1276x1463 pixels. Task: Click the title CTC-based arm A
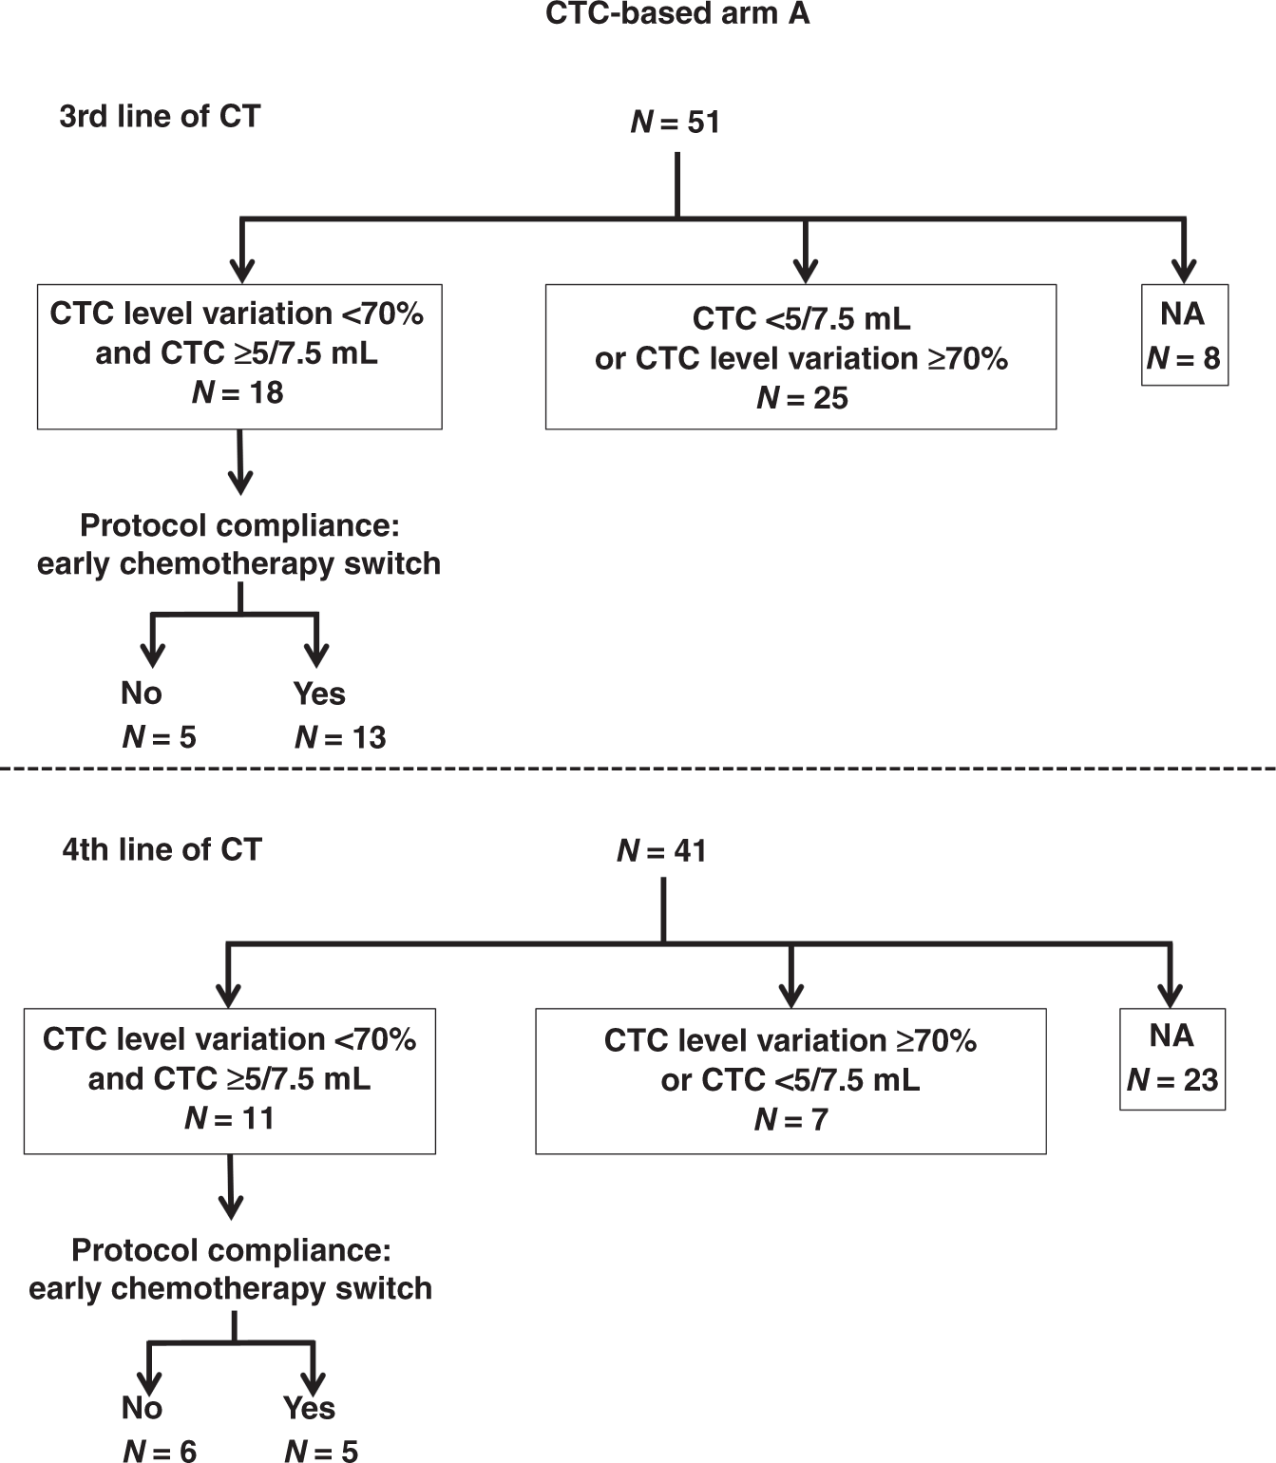click(x=676, y=14)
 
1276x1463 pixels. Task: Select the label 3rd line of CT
click(x=160, y=116)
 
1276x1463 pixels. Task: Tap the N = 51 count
click(x=676, y=123)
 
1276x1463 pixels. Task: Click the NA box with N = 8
click(x=1184, y=335)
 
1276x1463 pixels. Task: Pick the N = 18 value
click(x=238, y=392)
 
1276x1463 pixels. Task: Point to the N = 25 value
click(x=802, y=398)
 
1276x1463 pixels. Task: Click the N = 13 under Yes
click(x=340, y=737)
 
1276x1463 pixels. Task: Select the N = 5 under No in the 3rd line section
click(x=159, y=737)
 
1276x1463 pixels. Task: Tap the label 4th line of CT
click(x=162, y=848)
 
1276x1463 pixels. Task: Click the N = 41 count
click(x=661, y=850)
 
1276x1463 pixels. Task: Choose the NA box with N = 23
click(x=1172, y=1058)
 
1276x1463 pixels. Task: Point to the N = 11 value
click(x=229, y=1118)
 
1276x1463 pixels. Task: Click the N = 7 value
click(x=790, y=1120)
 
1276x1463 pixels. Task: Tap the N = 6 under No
click(x=159, y=1450)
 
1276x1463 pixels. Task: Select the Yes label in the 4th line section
click(x=309, y=1407)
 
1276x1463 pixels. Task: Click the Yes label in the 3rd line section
click(x=318, y=693)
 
